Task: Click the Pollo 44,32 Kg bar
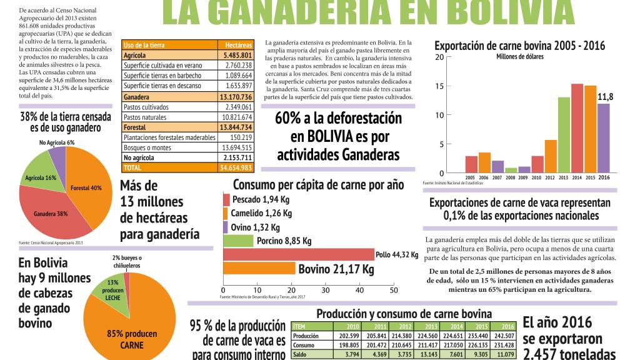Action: pyautogui.click(x=299, y=254)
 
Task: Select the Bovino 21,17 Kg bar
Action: pyautogui.click(x=259, y=269)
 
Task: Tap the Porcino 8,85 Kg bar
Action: pyautogui.click(x=238, y=241)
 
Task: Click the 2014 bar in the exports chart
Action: pyautogui.click(x=577, y=128)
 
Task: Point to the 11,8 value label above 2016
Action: pyautogui.click(x=605, y=97)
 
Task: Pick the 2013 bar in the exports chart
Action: pyautogui.click(x=564, y=135)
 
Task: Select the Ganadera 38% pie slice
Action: pyautogui.click(x=50, y=209)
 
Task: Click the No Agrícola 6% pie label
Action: pyautogui.click(x=56, y=142)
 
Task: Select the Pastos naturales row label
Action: pyautogui.click(x=145, y=117)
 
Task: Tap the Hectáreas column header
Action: pyautogui.click(x=238, y=45)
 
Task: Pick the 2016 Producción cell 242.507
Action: pyautogui.click(x=504, y=336)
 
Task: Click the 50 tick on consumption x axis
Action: pyautogui.click(x=393, y=291)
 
